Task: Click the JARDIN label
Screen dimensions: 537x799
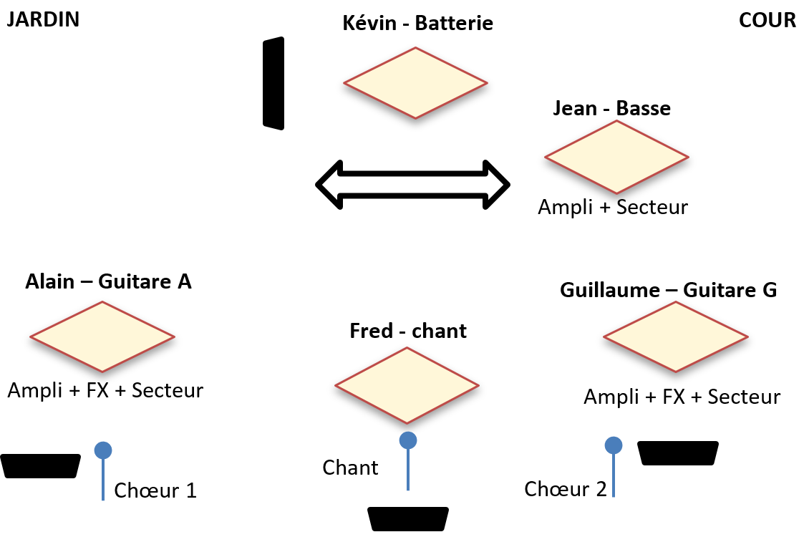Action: coord(42,19)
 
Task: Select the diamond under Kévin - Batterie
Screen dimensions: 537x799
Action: coord(416,83)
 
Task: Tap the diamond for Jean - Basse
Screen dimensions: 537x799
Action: coord(616,157)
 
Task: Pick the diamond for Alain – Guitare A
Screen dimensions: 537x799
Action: coord(102,337)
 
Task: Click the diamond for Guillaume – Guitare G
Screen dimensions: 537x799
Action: coord(675,337)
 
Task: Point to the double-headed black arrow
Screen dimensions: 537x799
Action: coord(413,185)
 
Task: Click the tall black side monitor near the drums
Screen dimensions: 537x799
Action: coord(273,84)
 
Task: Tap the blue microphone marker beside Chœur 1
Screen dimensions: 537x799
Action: coord(103,450)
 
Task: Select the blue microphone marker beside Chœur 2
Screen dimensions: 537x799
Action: coord(613,445)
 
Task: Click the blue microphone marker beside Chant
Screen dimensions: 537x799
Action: coord(408,440)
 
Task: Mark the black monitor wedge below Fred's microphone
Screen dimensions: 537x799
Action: coord(407,519)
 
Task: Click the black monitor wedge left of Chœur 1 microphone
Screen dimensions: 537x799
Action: coord(41,465)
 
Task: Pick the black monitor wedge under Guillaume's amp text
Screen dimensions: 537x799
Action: coord(678,453)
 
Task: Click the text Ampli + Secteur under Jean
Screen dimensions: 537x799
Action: coord(613,207)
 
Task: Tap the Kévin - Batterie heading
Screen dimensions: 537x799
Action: coord(418,24)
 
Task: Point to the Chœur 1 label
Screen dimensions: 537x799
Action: coord(155,490)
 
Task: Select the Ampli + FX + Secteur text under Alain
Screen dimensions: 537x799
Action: coord(105,390)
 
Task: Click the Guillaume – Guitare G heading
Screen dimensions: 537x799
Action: coord(669,290)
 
